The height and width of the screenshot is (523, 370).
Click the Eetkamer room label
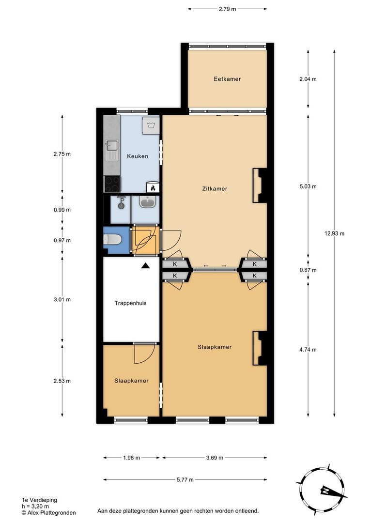tap(227, 79)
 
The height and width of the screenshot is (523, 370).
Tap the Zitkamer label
tap(215, 189)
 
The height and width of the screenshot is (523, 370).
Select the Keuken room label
tap(138, 156)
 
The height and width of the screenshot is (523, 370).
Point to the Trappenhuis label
tap(130, 303)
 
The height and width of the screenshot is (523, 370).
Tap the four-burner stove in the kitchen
tap(112, 184)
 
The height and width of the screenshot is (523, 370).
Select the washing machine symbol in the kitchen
tap(151, 125)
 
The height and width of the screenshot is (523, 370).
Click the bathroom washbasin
tap(147, 202)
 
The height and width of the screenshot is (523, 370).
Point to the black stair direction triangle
tap(145, 265)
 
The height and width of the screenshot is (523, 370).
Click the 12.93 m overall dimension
tap(335, 233)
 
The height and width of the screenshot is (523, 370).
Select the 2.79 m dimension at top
tap(227, 9)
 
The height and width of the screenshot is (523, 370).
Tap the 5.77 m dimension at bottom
tap(185, 480)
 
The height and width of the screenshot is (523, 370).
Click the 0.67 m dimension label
tap(308, 270)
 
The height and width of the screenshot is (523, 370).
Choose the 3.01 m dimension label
tap(62, 299)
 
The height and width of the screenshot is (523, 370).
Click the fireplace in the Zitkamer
tap(259, 185)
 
